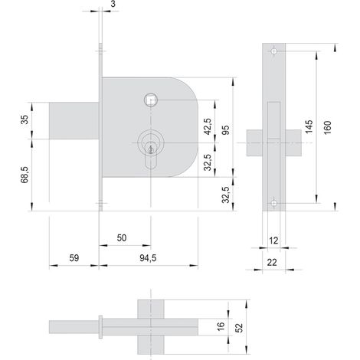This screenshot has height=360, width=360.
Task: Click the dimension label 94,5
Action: click(148, 258)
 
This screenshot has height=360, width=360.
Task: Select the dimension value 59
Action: click(74, 258)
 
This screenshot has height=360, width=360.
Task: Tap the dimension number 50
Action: click(122, 238)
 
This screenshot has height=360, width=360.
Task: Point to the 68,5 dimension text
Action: click(25, 175)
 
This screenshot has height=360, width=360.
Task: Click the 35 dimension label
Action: click(25, 119)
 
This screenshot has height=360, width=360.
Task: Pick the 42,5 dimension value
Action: click(208, 126)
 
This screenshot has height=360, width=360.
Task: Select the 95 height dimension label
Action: click(225, 130)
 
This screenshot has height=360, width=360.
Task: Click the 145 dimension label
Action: click(309, 126)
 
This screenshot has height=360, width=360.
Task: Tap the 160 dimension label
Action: click(327, 127)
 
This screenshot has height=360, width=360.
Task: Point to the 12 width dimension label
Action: click(273, 241)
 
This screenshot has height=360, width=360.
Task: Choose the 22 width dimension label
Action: click(272, 262)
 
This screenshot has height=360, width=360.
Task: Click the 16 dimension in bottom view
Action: click(221, 326)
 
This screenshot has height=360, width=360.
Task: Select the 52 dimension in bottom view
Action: click(239, 328)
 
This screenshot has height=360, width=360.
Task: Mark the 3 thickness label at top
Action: click(113, 4)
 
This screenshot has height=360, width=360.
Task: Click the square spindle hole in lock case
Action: click(151, 100)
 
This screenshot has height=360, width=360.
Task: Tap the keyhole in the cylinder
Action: click(151, 149)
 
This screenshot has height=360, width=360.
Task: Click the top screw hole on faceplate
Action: click(274, 51)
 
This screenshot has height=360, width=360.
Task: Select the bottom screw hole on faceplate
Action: click(274, 204)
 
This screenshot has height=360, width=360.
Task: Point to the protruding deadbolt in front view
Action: click(74, 121)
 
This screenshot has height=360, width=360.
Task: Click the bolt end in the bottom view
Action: click(74, 327)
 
